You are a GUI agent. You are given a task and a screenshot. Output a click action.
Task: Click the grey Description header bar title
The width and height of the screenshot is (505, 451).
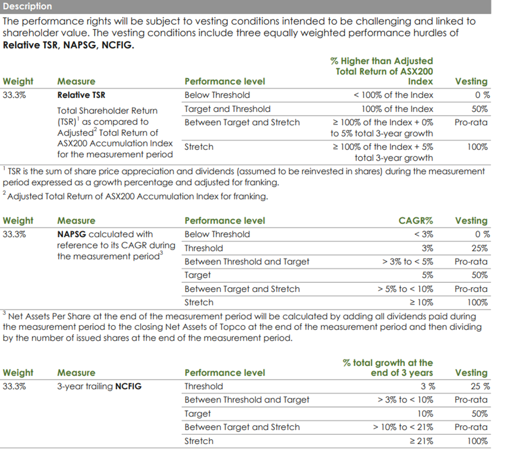click(27, 6)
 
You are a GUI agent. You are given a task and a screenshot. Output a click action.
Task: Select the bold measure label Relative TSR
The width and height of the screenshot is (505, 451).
click(81, 95)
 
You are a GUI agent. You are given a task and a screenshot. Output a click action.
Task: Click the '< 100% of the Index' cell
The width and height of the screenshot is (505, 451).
click(393, 95)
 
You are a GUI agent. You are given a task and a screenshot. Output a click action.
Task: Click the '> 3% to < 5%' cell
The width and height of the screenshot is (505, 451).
click(408, 262)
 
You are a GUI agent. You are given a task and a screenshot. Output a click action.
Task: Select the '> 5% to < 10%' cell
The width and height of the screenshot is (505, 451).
click(406, 289)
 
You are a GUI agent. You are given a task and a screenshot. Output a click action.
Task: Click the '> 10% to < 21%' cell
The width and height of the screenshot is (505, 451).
click(403, 427)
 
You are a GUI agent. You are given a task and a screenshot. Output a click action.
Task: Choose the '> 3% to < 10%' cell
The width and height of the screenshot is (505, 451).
click(406, 400)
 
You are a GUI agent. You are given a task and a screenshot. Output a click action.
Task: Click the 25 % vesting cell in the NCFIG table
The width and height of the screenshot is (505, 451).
click(480, 386)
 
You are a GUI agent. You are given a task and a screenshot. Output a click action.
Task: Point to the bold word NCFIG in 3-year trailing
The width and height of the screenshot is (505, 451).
click(128, 386)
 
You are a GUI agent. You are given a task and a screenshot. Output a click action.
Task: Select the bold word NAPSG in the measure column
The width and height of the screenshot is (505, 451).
click(71, 234)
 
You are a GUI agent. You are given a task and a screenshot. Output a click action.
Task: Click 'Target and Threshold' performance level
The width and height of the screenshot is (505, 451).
click(227, 109)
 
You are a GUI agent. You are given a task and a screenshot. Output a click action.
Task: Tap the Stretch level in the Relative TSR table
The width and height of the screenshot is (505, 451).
click(199, 147)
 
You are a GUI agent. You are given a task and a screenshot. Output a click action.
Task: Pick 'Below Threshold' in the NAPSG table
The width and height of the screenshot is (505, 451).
click(217, 234)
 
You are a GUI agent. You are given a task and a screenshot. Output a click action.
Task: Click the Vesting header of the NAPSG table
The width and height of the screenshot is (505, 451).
click(471, 220)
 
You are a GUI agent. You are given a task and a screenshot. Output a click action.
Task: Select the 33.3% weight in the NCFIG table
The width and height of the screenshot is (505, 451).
click(15, 386)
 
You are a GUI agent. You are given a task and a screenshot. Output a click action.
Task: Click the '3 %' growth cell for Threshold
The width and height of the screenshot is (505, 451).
click(428, 386)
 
